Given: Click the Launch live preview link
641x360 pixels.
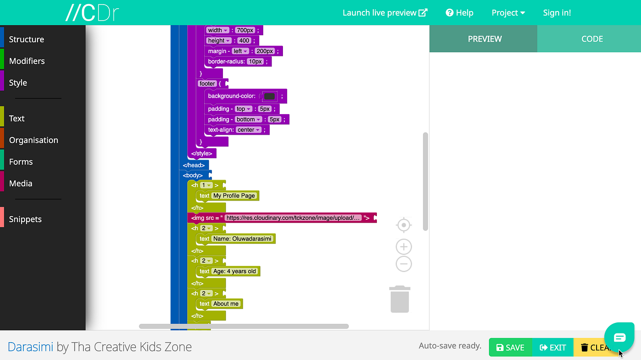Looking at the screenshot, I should click(x=385, y=13).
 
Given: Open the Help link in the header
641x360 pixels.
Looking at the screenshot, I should click(x=459, y=13).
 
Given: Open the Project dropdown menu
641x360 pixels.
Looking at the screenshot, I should click(x=508, y=13).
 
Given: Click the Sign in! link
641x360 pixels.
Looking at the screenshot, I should click(x=557, y=13).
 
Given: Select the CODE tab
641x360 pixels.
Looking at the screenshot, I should click(x=592, y=39).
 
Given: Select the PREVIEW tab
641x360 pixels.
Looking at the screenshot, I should click(x=484, y=39).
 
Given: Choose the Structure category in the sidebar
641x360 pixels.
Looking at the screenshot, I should click(x=27, y=39).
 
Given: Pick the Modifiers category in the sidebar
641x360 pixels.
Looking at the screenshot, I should click(x=27, y=61).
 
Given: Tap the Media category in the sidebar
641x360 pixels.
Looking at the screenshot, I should click(x=21, y=183).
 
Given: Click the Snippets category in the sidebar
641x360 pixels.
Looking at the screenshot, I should click(x=25, y=219).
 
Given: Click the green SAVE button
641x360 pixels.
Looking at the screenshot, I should click(x=510, y=348).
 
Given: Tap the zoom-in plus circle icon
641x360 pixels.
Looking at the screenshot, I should click(x=403, y=247).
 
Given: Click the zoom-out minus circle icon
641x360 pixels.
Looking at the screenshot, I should click(x=403, y=264).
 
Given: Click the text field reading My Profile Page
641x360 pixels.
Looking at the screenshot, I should click(x=234, y=196).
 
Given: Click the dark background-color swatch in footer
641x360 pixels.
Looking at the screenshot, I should click(x=270, y=96).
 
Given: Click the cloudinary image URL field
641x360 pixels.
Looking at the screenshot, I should click(x=293, y=218).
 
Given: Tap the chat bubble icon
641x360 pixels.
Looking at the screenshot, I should click(x=619, y=338).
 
